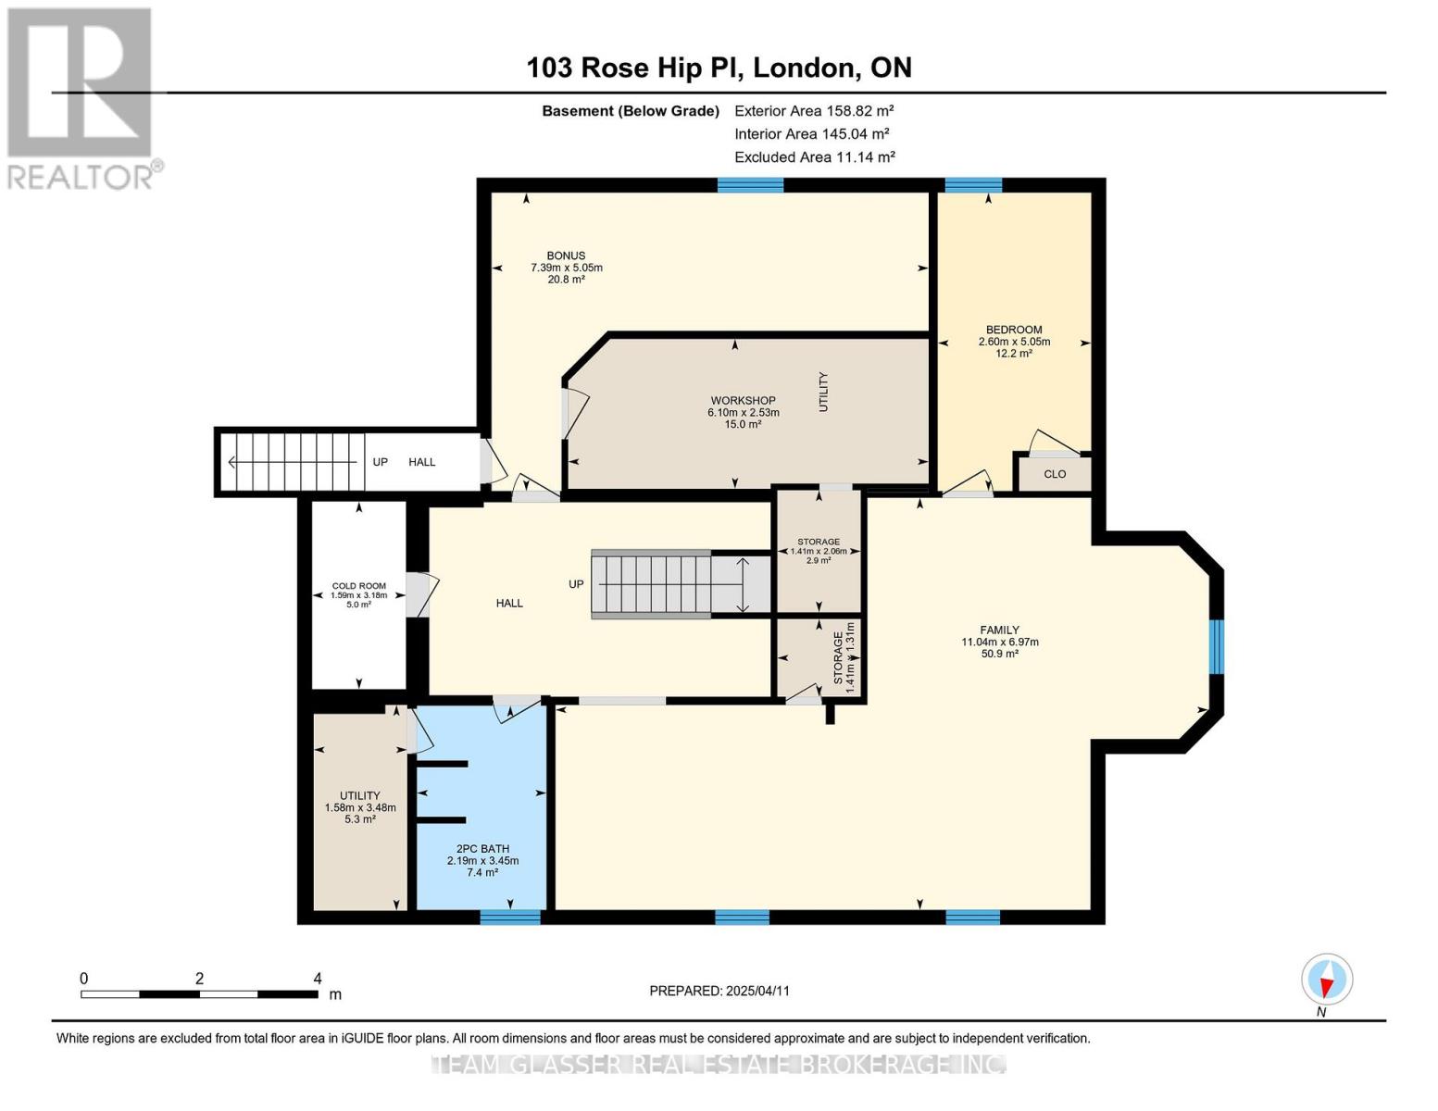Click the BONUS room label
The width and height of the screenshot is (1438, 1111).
point(566,256)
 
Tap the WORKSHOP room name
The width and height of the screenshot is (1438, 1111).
point(743,401)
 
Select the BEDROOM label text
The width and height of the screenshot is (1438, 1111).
point(1014,330)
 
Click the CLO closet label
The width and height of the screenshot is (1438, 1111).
point(1055,474)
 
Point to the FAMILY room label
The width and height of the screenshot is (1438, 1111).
point(1000,630)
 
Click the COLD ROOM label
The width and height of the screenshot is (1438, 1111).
point(359,586)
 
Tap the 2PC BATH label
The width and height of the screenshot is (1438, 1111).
point(482,848)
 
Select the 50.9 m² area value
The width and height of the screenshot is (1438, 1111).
point(1000,654)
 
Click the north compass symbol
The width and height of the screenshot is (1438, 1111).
point(1327,980)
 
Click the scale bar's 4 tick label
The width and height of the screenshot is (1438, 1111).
point(318,979)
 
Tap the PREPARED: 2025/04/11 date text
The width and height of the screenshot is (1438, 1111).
point(719,991)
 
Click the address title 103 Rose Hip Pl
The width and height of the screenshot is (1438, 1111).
point(719,68)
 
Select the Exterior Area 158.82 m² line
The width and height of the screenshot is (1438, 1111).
point(814,110)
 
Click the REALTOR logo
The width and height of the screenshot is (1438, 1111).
point(81,97)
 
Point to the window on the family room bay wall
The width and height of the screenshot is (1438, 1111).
point(1217,646)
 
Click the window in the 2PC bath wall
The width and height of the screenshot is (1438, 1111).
point(510,917)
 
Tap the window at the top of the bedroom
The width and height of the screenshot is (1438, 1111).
point(973,185)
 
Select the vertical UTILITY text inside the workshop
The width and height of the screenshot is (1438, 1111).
point(823,392)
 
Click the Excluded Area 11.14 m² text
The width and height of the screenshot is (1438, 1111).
point(815,157)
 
